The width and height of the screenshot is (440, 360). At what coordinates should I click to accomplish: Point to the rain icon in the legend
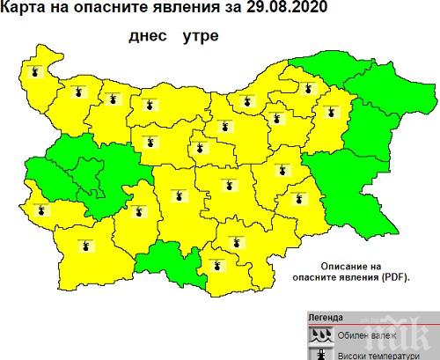point(321,334)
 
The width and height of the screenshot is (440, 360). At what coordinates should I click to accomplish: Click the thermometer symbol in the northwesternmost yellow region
point(35,72)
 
